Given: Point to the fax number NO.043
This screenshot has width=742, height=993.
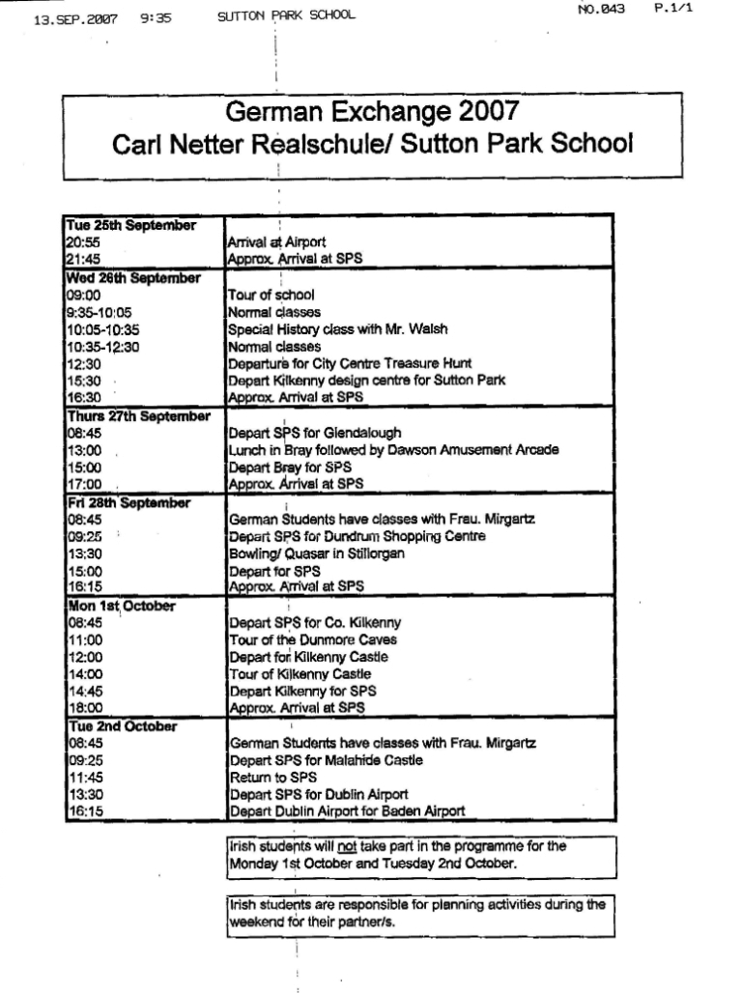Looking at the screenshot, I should pos(601,10).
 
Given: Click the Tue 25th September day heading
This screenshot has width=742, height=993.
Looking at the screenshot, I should pos(131,225).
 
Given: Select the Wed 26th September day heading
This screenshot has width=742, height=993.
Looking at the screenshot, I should pos(133,278).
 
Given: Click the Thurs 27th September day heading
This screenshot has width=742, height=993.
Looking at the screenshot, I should pos(138,415).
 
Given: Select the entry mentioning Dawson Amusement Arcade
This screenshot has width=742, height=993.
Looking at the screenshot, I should pos(392,450).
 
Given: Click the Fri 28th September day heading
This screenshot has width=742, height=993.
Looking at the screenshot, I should pos(128,503).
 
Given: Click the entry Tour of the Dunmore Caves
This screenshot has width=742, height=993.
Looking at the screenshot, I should pos(312,639).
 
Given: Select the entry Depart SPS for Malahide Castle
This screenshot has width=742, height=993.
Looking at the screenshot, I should pos(327,760).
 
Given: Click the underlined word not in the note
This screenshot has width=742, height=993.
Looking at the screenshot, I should pos(344,846).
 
